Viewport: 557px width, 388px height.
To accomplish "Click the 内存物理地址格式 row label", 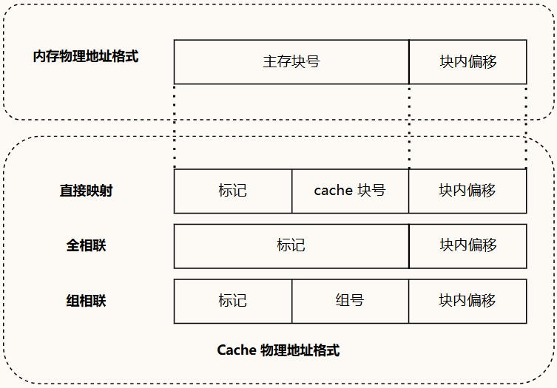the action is click(x=86, y=57).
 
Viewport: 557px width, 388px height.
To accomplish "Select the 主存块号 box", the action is click(x=291, y=61).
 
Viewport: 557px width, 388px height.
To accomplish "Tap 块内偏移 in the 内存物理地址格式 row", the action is click(x=467, y=61).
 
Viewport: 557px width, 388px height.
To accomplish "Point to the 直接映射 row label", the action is click(x=86, y=191).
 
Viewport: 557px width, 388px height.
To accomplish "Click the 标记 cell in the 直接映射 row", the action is click(x=232, y=191).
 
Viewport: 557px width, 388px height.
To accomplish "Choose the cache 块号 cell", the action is click(x=350, y=191).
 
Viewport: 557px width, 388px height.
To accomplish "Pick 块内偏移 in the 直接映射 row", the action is click(x=467, y=191).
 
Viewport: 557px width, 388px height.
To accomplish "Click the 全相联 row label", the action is click(x=86, y=245).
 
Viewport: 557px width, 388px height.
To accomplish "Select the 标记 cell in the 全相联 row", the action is click(x=291, y=245).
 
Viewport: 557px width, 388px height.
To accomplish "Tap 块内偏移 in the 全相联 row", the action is click(x=467, y=245).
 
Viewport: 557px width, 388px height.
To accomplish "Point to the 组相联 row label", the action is click(x=86, y=301).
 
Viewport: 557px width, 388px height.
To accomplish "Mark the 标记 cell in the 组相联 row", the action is click(x=232, y=301).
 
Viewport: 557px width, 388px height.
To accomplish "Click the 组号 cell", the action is click(x=350, y=301).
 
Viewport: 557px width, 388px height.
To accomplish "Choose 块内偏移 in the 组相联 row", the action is click(x=467, y=301).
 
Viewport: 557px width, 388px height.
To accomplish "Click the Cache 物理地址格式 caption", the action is click(x=278, y=350).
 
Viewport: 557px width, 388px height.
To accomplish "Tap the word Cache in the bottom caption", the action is click(x=236, y=350).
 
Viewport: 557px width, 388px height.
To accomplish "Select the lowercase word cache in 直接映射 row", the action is click(x=333, y=191).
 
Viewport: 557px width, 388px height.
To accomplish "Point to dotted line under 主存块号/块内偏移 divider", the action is click(x=409, y=126).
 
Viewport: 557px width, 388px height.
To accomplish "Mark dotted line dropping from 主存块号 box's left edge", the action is click(x=175, y=126).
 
